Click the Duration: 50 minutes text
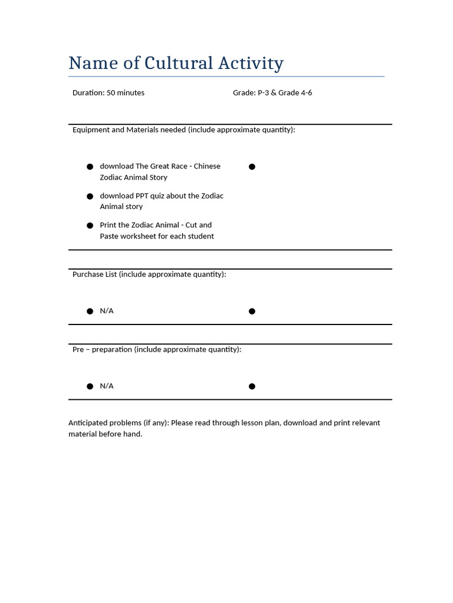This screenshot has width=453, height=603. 109,93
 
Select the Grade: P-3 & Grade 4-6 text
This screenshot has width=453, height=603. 273,93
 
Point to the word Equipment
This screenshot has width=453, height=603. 91,130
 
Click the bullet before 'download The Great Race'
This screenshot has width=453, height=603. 90,167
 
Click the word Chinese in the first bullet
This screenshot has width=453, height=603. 207,166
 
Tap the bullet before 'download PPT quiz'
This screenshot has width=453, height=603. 90,196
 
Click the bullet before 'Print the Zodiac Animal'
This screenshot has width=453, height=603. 90,226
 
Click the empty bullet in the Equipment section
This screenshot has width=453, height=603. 252,167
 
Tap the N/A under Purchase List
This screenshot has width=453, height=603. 107,311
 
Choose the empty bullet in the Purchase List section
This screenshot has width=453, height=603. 252,311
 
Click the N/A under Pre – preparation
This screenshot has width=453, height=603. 107,386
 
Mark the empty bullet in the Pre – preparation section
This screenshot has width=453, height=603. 252,386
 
